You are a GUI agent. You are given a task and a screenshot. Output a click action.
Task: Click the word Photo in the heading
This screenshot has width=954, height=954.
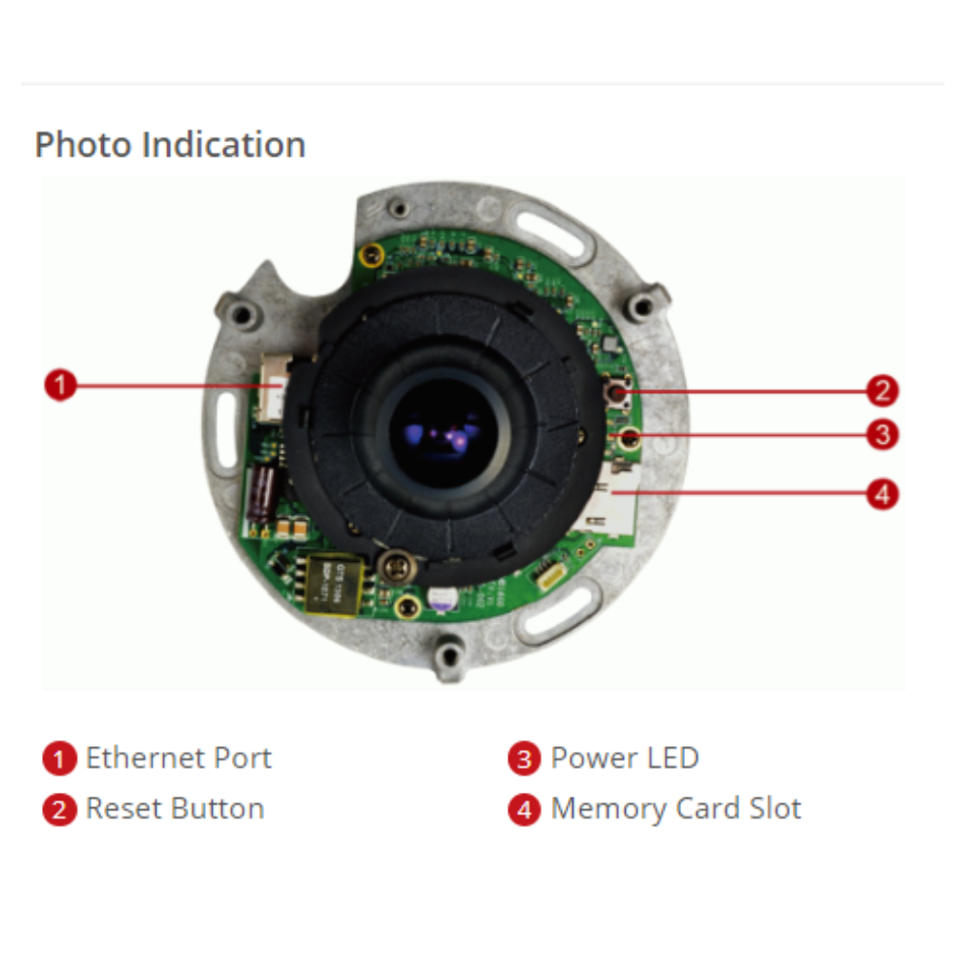coord(84,145)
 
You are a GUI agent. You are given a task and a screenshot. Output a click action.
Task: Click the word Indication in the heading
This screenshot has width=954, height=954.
coord(223,145)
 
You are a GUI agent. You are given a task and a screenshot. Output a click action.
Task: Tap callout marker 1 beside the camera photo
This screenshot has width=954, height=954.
coord(60,386)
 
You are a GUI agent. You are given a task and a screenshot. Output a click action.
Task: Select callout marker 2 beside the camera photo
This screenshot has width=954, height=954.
coord(883,390)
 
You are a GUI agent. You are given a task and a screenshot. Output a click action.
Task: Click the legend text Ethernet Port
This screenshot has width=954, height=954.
coord(178,758)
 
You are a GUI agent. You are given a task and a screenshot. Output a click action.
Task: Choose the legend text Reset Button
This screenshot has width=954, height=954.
coord(175,809)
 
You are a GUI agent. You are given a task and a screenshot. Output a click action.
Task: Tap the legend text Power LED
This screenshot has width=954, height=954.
coord(625,758)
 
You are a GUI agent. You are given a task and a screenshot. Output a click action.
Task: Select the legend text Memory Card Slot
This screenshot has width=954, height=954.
coord(676,809)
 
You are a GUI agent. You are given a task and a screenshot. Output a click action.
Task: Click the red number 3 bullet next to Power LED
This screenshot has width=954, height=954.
coord(524,760)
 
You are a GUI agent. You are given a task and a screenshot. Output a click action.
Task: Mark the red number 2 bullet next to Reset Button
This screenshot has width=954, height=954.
coord(59,811)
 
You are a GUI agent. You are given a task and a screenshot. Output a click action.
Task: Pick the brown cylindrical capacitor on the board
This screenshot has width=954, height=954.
coord(261,496)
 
